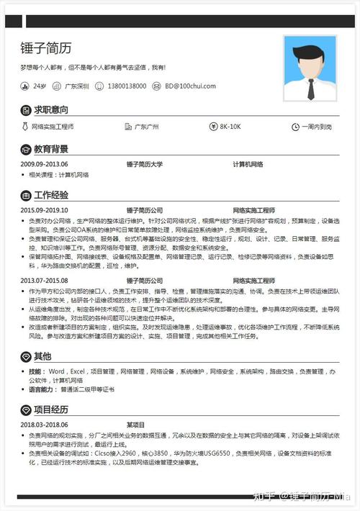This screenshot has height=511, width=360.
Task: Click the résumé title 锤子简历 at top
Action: tap(47, 48)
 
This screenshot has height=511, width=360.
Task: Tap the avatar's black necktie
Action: tap(310, 87)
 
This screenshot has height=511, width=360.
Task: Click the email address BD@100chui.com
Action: tap(190, 86)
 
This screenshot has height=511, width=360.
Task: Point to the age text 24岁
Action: tap(40, 86)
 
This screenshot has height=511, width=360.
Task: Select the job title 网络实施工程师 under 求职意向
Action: tap(53, 127)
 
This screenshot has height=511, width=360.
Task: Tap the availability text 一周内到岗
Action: tap(318, 127)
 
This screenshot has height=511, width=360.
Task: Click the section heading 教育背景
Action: tap(51, 149)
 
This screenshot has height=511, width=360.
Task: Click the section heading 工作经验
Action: tap(51, 194)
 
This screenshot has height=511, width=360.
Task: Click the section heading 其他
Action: tap(42, 356)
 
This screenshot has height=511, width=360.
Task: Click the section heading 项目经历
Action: tap(51, 410)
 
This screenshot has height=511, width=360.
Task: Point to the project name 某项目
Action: tap(135, 425)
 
